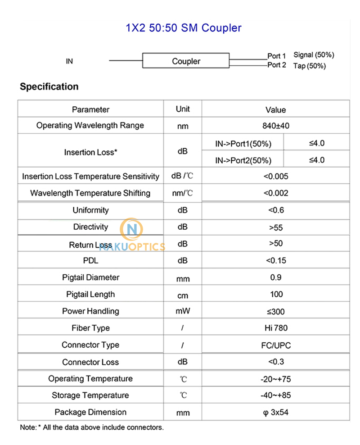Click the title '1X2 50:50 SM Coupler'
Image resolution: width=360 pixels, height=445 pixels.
[183, 28]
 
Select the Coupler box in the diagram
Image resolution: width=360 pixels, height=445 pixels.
[186, 61]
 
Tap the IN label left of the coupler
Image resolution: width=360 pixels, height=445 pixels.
[69, 61]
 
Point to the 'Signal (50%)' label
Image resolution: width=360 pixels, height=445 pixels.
[314, 55]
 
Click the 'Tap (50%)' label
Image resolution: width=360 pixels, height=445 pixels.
[310, 66]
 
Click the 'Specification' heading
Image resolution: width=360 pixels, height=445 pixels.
[49, 86]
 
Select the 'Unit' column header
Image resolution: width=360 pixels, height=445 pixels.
[183, 109]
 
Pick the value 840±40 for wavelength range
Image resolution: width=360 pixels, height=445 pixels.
[275, 126]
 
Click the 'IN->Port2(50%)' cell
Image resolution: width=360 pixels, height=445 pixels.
[243, 160]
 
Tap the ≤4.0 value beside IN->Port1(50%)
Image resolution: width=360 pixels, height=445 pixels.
[317, 144]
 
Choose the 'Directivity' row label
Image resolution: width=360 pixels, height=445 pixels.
[90, 227]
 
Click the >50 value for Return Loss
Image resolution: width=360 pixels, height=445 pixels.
[275, 244]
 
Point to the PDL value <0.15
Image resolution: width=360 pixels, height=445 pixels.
[275, 260]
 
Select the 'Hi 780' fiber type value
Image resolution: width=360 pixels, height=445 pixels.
[275, 328]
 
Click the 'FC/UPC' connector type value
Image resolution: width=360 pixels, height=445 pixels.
[275, 345]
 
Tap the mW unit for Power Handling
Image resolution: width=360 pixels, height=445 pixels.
[183, 312]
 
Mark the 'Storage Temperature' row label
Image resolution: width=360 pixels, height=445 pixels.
[90, 395]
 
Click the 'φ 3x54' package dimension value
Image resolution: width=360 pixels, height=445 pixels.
[275, 413]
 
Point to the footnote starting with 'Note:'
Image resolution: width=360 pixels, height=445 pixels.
[92, 427]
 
